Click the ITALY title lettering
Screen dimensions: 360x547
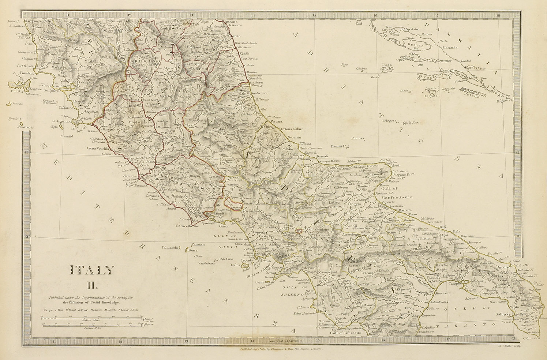92,271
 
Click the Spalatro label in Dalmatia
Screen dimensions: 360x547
411,29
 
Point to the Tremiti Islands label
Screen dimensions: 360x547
338,146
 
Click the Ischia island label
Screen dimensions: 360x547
236,265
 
